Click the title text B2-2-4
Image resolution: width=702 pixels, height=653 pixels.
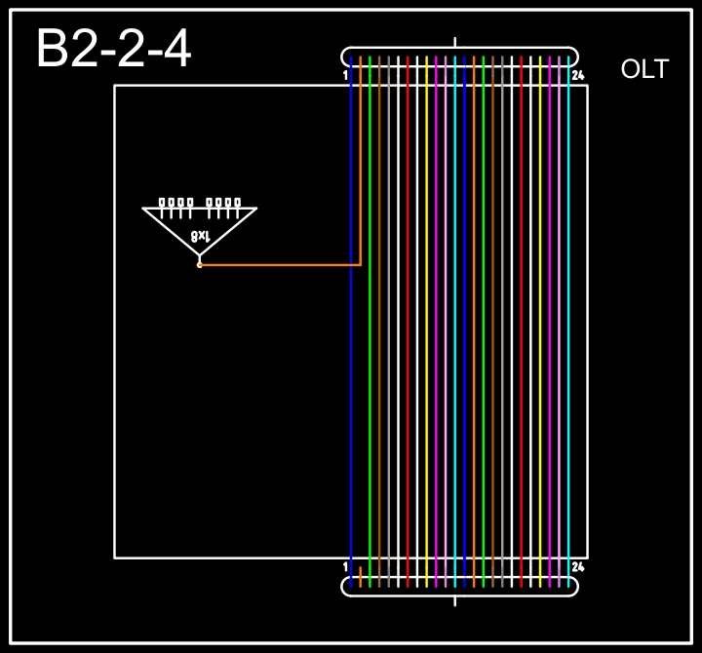(x=114, y=48)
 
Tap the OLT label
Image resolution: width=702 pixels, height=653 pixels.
(x=644, y=69)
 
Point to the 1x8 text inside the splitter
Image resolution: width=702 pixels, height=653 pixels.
(x=200, y=236)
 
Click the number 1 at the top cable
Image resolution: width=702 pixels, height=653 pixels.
(x=345, y=75)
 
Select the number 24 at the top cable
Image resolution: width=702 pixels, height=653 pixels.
(x=578, y=75)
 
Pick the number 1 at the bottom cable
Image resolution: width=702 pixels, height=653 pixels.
(x=345, y=567)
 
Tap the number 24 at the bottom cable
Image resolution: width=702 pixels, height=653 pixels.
(x=578, y=567)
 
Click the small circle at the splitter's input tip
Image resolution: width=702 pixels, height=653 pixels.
(x=200, y=265)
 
